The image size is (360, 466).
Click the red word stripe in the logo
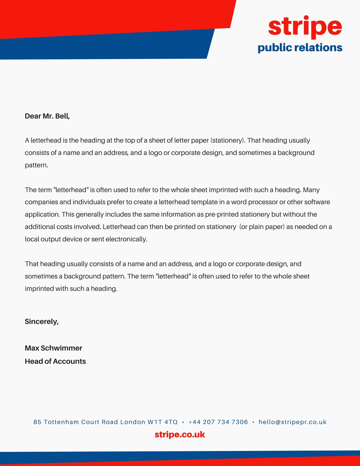pyautogui.click(x=305, y=27)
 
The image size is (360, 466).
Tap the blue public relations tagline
pyautogui.click(x=300, y=47)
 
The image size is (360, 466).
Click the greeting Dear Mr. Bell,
pyautogui.click(x=47, y=116)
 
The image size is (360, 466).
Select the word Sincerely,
pyautogui.click(x=42, y=322)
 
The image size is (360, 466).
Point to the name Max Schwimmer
pyautogui.click(x=54, y=348)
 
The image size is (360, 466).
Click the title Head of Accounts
pyautogui.click(x=55, y=361)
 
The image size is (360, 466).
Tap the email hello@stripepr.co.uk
pyautogui.click(x=292, y=422)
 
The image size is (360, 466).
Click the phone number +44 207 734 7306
pyautogui.click(x=218, y=422)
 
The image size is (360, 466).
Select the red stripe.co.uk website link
pyautogui.click(x=180, y=435)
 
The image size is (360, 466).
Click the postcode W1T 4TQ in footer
pyautogui.click(x=163, y=422)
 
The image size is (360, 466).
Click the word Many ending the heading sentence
pyautogui.click(x=311, y=190)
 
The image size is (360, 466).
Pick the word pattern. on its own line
pyautogui.click(x=36, y=165)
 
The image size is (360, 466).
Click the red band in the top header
pyautogui.click(x=102, y=16)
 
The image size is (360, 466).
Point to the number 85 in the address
pyautogui.click(x=37, y=422)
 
